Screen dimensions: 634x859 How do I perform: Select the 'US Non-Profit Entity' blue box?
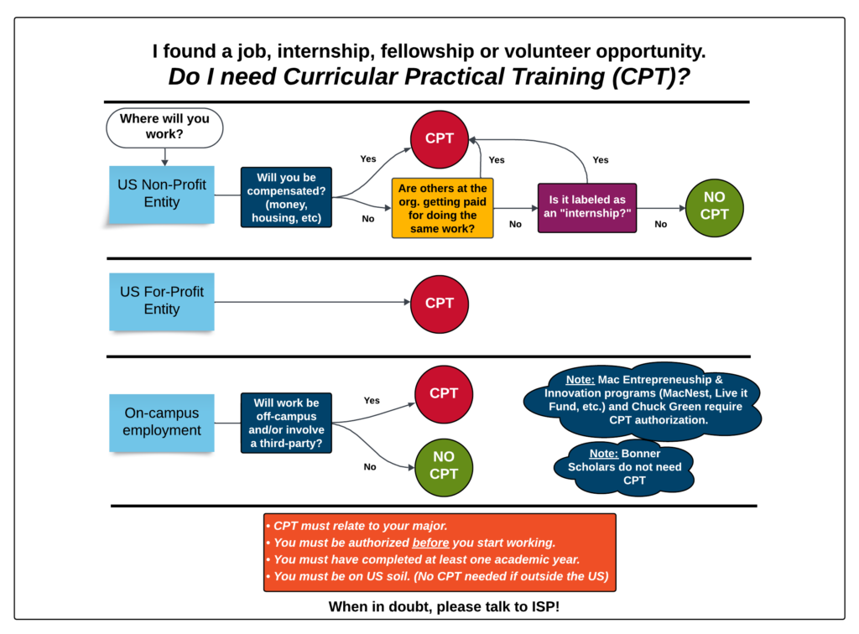pos(162,194)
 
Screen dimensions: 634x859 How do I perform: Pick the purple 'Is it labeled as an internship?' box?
pos(586,208)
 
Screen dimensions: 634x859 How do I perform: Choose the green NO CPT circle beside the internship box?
pos(714,207)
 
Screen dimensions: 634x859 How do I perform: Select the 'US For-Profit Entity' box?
pos(162,301)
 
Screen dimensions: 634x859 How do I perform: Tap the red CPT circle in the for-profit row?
pos(439,304)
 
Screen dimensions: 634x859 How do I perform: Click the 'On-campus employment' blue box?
pos(162,422)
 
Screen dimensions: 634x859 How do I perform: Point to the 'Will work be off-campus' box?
pos(286,423)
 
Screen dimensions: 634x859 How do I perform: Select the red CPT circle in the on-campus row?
pos(444,393)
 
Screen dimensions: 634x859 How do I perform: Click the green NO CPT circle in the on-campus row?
pos(444,465)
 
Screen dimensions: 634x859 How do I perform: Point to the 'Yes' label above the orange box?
pos(497,159)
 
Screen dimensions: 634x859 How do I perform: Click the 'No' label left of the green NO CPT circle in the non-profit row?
pos(660,224)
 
